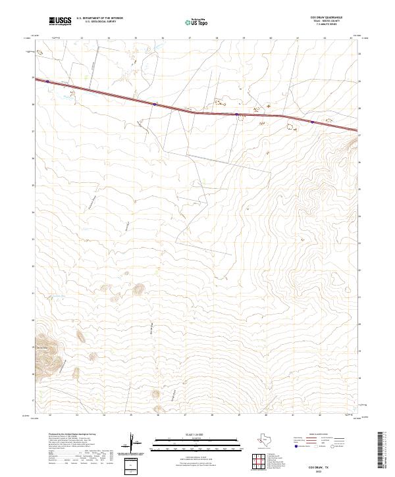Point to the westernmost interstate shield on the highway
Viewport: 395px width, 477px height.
point(47,82)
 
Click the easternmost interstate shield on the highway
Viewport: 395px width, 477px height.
point(312,121)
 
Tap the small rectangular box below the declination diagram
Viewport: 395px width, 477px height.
point(132,464)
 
